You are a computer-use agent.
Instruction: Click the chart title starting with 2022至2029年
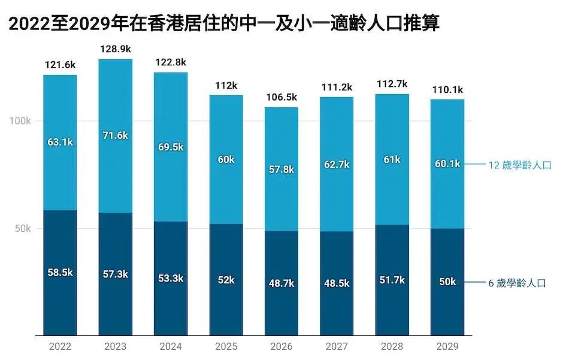click(x=224, y=23)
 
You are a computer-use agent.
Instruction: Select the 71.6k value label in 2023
click(x=115, y=135)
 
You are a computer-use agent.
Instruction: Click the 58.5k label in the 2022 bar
click(x=60, y=272)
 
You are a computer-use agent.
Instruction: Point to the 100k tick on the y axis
click(x=20, y=121)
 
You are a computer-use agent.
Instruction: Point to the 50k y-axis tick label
click(x=23, y=229)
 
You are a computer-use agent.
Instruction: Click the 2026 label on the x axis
click(x=282, y=346)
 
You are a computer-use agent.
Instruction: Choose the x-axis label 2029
click(x=447, y=346)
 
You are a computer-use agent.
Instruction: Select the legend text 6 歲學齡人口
click(x=517, y=283)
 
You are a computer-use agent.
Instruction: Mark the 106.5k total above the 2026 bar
click(x=282, y=97)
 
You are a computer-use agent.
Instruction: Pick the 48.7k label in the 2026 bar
click(x=282, y=283)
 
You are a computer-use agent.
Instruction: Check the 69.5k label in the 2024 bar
click(x=171, y=147)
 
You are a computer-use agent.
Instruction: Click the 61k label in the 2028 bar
click(x=392, y=159)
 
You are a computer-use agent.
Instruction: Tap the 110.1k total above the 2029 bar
click(x=447, y=90)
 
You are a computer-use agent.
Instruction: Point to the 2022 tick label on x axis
click(x=60, y=346)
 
